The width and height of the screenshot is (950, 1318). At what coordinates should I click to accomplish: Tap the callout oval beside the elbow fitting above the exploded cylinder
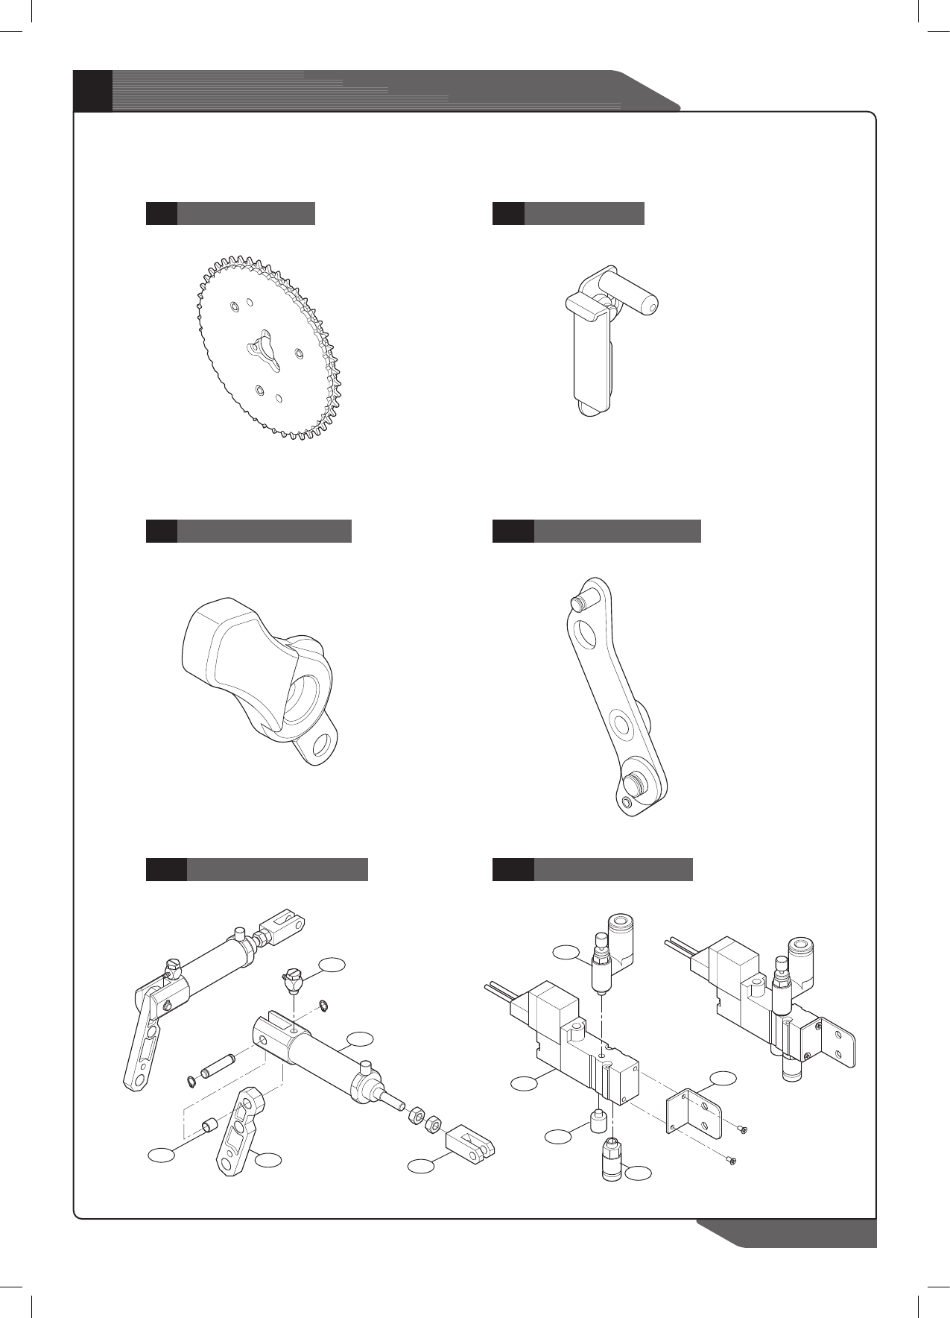[x=332, y=965]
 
